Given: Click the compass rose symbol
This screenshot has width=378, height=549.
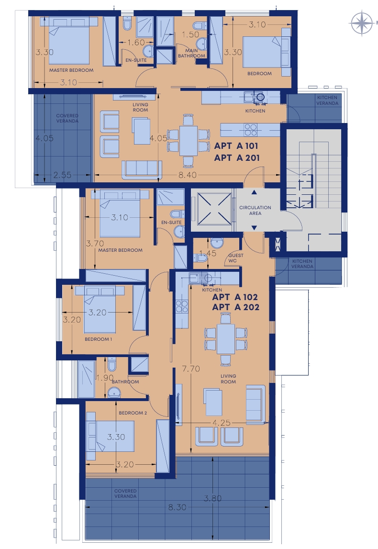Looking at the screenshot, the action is [x=362, y=23].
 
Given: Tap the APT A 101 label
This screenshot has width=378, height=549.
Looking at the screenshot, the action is [x=236, y=146].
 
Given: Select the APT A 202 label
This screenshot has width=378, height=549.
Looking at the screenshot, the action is [x=235, y=307].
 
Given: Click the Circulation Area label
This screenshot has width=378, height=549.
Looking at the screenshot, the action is [x=255, y=210].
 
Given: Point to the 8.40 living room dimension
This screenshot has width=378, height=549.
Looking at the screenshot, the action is [x=188, y=175].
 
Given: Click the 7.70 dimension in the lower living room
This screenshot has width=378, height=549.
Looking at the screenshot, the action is [x=191, y=369].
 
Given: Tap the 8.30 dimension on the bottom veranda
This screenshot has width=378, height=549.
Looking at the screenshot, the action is [x=177, y=507].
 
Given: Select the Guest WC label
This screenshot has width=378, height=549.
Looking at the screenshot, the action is [x=235, y=258].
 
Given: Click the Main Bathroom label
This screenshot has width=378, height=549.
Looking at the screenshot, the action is [x=191, y=53].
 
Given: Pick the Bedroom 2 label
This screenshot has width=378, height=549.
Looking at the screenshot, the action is [x=133, y=413].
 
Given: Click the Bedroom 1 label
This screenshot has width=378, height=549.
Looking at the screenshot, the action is [x=99, y=339].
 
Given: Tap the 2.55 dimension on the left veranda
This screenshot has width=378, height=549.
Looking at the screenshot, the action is [x=62, y=175].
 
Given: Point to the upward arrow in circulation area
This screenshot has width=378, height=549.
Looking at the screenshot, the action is [x=255, y=192].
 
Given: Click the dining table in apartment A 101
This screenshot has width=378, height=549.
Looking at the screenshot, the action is [x=189, y=141].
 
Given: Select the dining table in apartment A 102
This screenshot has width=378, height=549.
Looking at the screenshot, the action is [x=226, y=339].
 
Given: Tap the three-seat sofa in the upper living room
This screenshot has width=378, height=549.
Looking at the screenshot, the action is [x=142, y=169].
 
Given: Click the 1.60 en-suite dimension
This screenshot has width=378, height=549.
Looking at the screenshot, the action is [x=136, y=43].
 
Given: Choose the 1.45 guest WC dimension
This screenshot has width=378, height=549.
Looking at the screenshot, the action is [x=208, y=253].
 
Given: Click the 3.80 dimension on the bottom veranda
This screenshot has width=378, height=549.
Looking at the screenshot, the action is [x=212, y=498].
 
